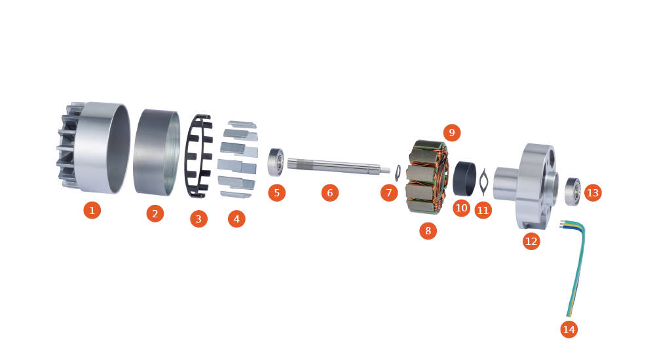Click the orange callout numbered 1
point(92,209)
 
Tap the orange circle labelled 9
point(451,133)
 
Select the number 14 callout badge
point(569,329)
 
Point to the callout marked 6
point(329,192)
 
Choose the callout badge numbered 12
point(531,241)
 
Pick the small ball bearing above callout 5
point(276,162)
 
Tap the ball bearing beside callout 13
point(572,191)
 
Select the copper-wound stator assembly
point(426,177)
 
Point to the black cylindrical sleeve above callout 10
point(464,178)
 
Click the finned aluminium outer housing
point(93,148)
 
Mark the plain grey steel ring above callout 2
point(157,153)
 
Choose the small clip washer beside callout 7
point(398,173)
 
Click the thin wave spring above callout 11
point(483,182)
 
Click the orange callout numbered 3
point(198,219)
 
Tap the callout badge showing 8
point(428,230)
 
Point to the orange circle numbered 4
point(236,219)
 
